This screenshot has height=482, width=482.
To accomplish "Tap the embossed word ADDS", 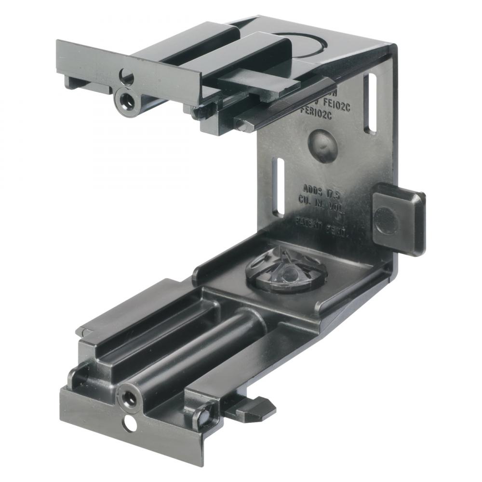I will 312,188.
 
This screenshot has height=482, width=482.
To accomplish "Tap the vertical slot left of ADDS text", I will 278,187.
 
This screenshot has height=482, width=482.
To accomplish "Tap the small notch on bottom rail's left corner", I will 83,332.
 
